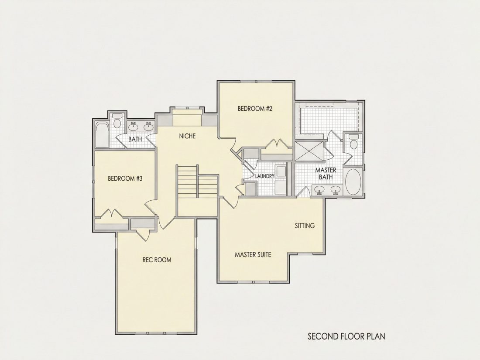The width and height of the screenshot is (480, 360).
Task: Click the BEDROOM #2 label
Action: [255, 108]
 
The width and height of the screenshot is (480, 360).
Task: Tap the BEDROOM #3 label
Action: [125, 178]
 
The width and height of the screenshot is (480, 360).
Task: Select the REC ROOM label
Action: [157, 260]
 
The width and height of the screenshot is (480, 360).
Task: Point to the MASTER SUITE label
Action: [253, 254]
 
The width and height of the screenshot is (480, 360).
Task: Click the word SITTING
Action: [305, 226]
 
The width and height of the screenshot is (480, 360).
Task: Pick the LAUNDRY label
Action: [264, 176]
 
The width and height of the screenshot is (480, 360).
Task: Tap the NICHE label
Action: [187, 136]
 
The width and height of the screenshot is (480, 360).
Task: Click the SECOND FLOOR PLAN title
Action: [346, 336]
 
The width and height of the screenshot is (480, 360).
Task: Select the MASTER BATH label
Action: [326, 174]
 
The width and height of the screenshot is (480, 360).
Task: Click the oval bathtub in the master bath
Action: [353, 181]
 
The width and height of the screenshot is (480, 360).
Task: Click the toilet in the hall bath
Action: [117, 120]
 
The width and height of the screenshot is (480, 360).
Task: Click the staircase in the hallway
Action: [197, 184]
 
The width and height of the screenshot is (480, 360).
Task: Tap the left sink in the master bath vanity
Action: [319, 190]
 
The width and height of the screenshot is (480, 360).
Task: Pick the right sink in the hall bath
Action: [149, 125]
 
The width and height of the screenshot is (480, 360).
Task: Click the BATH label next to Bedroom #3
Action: [135, 139]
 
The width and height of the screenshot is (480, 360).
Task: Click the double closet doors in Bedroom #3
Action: [110, 213]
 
